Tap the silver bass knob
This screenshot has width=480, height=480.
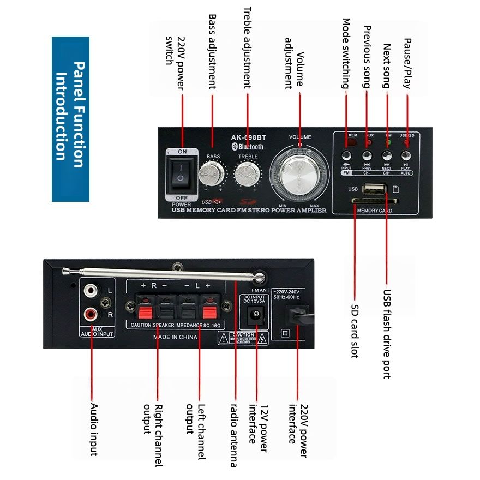[x=212, y=175]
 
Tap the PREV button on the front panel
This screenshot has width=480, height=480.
[x=367, y=156]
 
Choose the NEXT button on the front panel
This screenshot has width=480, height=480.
[x=387, y=156]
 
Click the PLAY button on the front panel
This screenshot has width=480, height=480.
[x=406, y=156]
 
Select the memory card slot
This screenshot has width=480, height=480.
[x=375, y=202]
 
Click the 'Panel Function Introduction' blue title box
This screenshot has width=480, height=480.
[x=70, y=119]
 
